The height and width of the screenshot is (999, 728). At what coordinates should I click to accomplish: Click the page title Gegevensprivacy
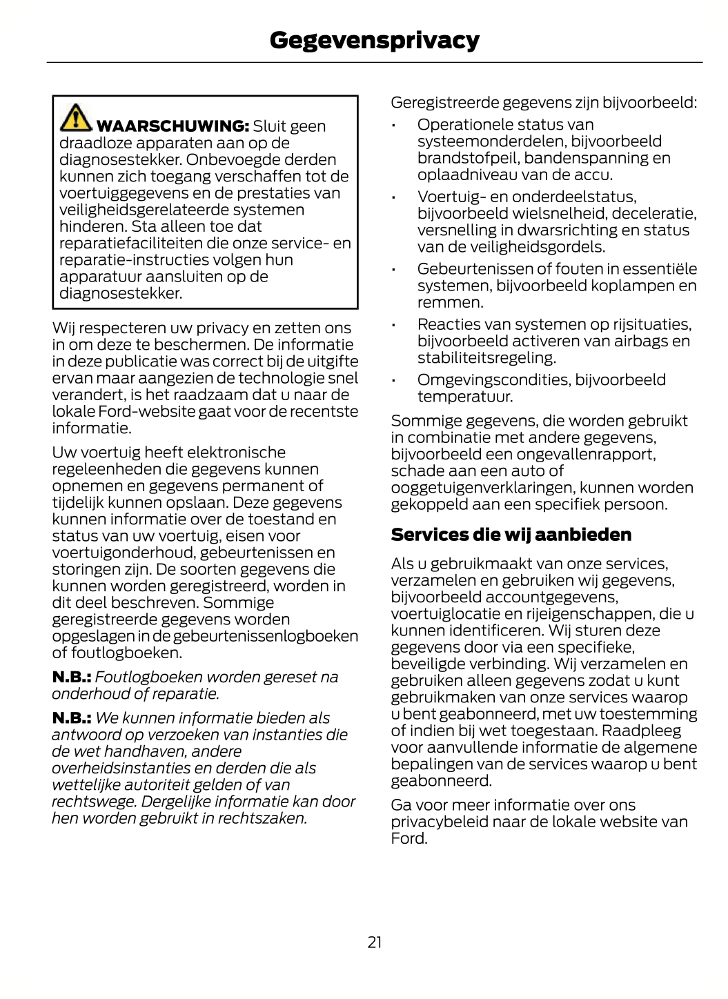point(374,40)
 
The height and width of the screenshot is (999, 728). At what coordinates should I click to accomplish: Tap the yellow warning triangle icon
point(75,117)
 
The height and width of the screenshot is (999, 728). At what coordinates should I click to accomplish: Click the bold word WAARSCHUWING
point(173,126)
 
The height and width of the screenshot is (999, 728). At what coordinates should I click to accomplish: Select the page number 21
point(375,942)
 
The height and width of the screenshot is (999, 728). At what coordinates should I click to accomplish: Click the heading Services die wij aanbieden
point(511,535)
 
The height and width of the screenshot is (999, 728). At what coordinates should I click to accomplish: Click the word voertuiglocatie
point(446,614)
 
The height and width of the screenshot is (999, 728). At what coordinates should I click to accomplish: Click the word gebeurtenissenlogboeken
point(266,636)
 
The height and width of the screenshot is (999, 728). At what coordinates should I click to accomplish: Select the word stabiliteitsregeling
point(486,358)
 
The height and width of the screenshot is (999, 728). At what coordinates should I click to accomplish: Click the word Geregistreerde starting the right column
point(444,103)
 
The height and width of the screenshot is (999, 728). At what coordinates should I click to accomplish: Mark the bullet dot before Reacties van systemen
point(393,325)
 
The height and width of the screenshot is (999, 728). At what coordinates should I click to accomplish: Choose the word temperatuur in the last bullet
point(464,397)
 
